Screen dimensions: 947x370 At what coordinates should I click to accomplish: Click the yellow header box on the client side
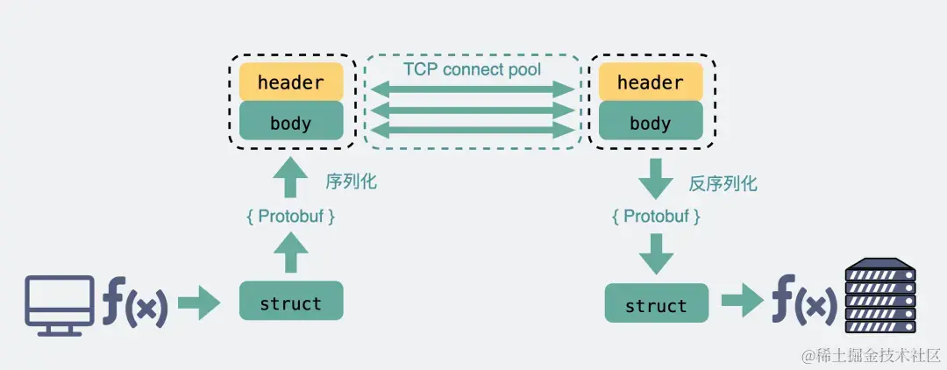(292, 82)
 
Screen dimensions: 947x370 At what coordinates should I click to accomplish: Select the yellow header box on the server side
(651, 82)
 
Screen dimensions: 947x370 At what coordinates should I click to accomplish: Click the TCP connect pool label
(473, 68)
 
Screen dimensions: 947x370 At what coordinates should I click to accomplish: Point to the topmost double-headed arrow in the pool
(473, 90)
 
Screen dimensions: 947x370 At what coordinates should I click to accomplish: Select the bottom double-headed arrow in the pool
(473, 129)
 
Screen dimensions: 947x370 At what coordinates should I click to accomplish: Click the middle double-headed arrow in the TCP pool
(473, 110)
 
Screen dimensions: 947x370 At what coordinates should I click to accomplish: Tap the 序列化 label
(351, 181)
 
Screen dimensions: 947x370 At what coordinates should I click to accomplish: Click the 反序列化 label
(723, 183)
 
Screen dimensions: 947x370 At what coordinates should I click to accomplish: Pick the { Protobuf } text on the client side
(291, 217)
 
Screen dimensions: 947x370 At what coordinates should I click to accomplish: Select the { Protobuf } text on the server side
(656, 217)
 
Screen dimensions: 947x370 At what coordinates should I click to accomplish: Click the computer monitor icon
(60, 305)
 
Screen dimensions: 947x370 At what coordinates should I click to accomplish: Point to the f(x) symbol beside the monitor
(134, 302)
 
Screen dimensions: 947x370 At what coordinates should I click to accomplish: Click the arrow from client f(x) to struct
(200, 302)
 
